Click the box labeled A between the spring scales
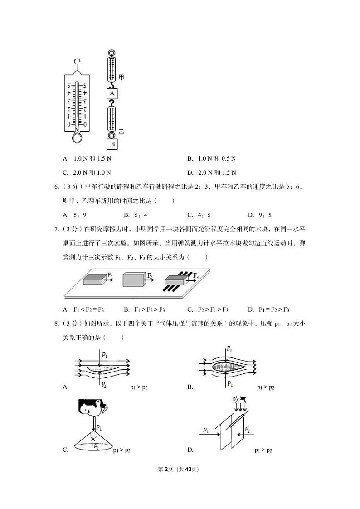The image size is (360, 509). (112, 94)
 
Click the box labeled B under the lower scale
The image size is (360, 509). (112, 144)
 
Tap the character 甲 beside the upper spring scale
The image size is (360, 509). (121, 77)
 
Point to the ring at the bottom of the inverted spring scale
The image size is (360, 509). (77, 137)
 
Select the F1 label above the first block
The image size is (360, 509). (110, 275)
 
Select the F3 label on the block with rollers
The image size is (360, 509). (196, 276)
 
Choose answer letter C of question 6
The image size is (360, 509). (190, 215)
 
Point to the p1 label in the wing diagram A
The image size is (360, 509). (105, 355)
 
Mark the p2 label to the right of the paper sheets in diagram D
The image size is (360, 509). (247, 429)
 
